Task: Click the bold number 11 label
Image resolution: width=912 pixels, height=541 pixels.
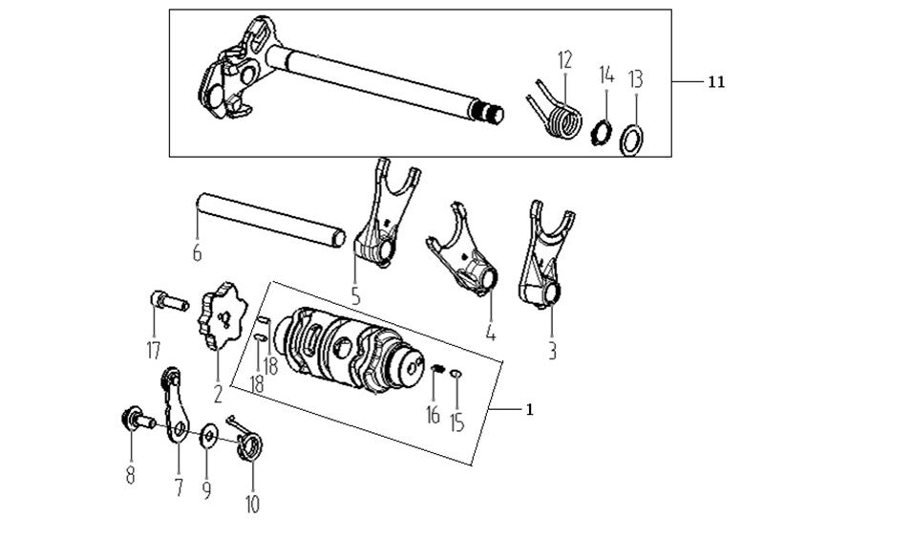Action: tap(715, 83)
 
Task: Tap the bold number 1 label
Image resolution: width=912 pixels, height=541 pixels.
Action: tap(529, 409)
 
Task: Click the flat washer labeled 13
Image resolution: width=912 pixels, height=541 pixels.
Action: tap(630, 140)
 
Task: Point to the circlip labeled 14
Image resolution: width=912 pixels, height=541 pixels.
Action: tap(604, 129)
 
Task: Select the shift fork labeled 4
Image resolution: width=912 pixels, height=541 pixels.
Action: tap(468, 255)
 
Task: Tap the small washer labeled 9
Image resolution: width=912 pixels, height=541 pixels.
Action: tap(207, 439)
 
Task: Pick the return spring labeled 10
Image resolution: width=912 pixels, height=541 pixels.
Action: tap(250, 444)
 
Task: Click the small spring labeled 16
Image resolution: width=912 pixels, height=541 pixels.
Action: tap(435, 369)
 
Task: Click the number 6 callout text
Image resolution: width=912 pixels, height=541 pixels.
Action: tap(197, 252)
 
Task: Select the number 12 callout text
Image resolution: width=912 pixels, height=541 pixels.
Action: tap(564, 60)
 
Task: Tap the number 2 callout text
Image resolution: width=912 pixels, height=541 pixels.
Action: tap(218, 392)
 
